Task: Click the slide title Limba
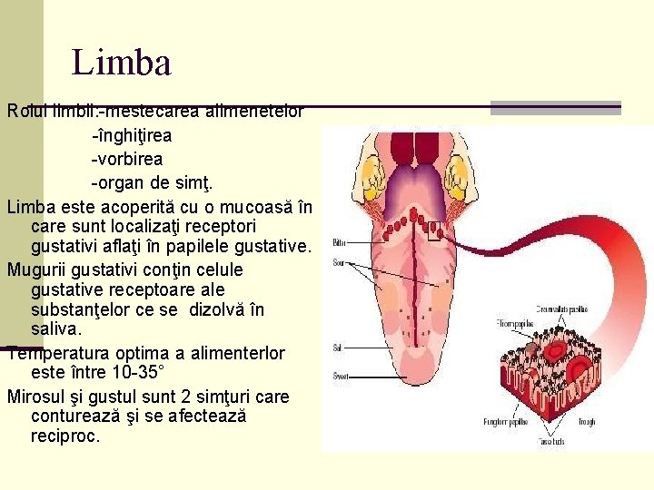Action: [122, 64]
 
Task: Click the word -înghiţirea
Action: [133, 135]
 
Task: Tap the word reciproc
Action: [65, 436]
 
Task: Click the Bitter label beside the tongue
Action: [339, 243]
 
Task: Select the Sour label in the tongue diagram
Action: [339, 263]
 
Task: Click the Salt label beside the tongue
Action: [338, 348]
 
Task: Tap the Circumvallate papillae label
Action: [559, 307]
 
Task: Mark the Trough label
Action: [586, 421]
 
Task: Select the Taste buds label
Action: [550, 441]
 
